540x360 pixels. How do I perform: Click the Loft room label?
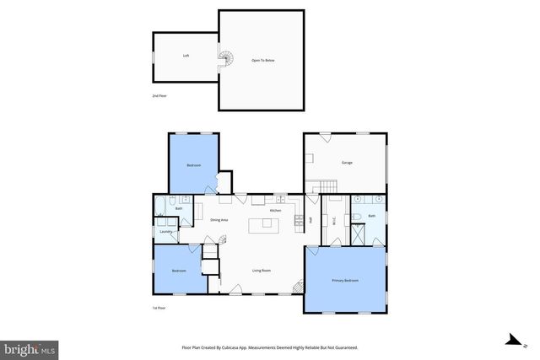click(x=186, y=56)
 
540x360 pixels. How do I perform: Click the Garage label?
click(x=347, y=162)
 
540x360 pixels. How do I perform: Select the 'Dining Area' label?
click(x=219, y=219)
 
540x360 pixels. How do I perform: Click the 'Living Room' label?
click(x=262, y=271)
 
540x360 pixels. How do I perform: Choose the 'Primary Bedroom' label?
click(x=345, y=280)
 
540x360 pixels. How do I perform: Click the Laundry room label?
click(x=165, y=231)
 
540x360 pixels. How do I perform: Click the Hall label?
click(x=310, y=220)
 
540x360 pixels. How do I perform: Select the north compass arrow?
click(x=511, y=341)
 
